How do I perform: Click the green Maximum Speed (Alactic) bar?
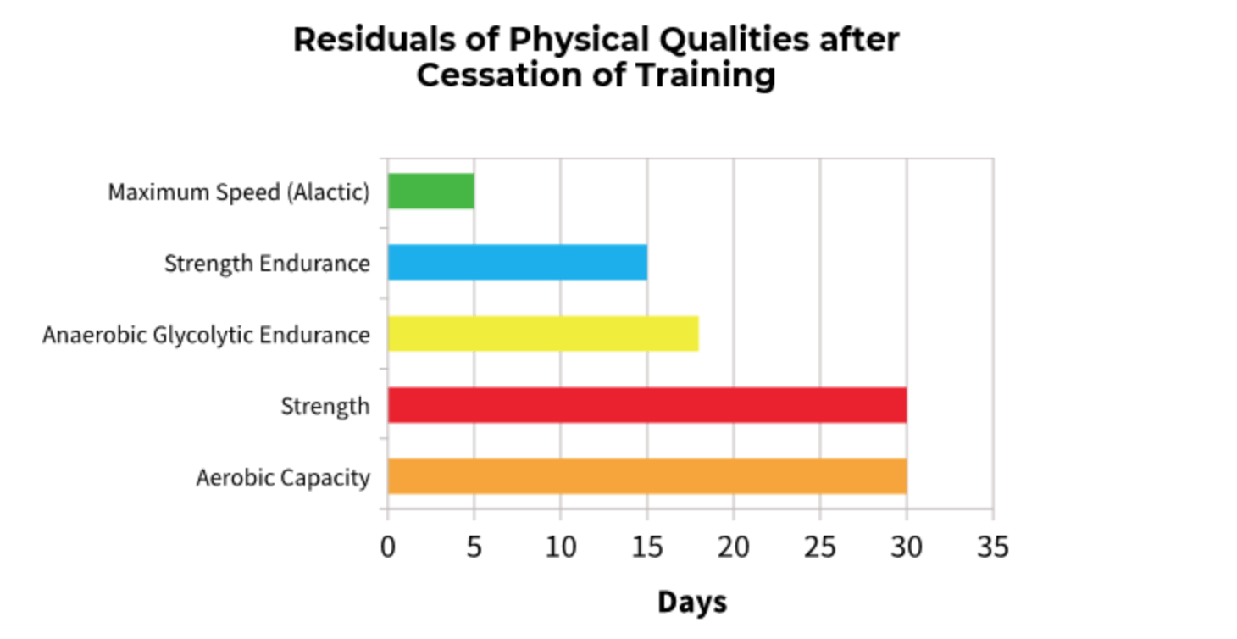pyautogui.click(x=430, y=192)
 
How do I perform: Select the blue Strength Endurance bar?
pyautogui.click(x=517, y=263)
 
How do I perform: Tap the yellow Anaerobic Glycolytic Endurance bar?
pyautogui.click(x=542, y=334)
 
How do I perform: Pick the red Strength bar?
pyautogui.click(x=646, y=405)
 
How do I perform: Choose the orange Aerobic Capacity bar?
pyautogui.click(x=646, y=476)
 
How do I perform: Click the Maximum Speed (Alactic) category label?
pyautogui.click(x=238, y=192)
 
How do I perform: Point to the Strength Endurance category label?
pyautogui.click(x=267, y=264)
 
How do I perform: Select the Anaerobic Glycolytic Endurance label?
pyautogui.click(x=206, y=335)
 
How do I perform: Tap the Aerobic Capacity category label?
pyautogui.click(x=283, y=478)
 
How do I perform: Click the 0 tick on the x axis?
pyautogui.click(x=388, y=547)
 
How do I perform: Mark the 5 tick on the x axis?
pyautogui.click(x=474, y=547)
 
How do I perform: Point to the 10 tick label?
pyautogui.click(x=560, y=547)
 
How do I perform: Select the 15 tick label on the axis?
pyautogui.click(x=646, y=547)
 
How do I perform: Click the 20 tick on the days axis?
pyautogui.click(x=734, y=547)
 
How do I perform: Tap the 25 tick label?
pyautogui.click(x=820, y=547)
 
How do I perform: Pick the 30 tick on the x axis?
pyautogui.click(x=907, y=547)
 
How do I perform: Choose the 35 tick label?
pyautogui.click(x=992, y=547)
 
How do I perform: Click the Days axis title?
pyautogui.click(x=691, y=603)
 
